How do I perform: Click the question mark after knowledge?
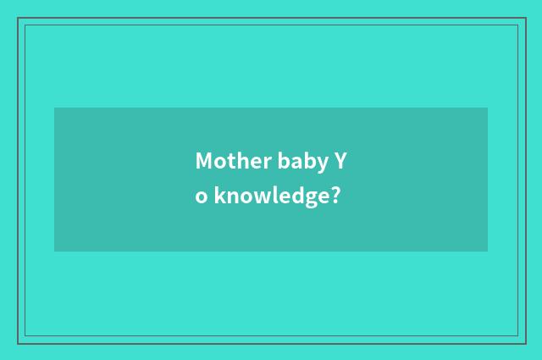tap(336, 197)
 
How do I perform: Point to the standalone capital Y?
tap(340, 161)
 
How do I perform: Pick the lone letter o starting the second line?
tap(201, 198)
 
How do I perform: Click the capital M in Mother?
tap(203, 161)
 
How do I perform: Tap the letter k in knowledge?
tap(218, 197)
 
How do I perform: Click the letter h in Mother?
tap(236, 160)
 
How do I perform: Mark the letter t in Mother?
tap(227, 161)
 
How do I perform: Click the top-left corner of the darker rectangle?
tap(55, 108)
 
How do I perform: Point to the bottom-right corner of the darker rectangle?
tap(487, 251)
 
